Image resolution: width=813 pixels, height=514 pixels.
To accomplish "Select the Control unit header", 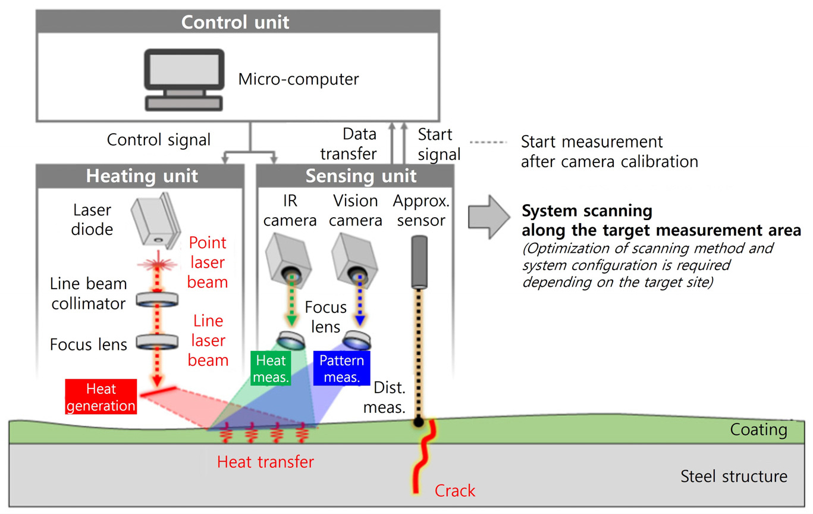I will (x=235, y=23).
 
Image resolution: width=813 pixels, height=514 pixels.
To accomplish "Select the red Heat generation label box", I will (x=101, y=397).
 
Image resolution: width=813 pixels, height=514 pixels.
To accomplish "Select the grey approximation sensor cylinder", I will (x=420, y=262).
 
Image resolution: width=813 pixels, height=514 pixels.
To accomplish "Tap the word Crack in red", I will (x=455, y=491).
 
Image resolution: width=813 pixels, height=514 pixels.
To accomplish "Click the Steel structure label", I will (x=733, y=476).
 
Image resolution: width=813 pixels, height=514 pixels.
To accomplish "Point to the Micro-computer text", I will (x=299, y=79).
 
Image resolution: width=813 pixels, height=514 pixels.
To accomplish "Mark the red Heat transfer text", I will (x=265, y=462).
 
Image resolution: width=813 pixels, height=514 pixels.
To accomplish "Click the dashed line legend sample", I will (x=487, y=143).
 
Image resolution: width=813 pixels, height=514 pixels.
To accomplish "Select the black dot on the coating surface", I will (x=419, y=422).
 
